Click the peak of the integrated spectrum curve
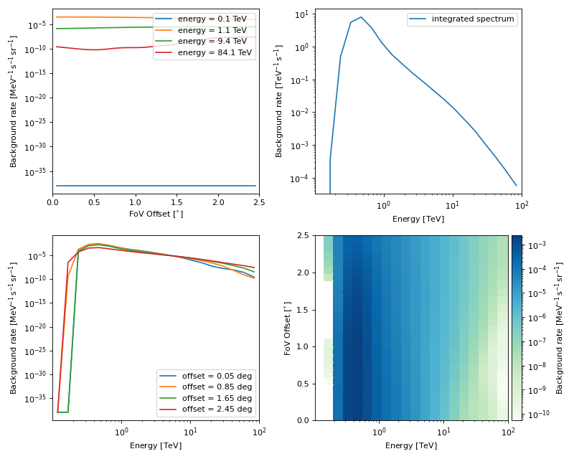pyautogui.click(x=361, y=17)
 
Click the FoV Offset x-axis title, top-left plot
pyautogui.click(x=156, y=214)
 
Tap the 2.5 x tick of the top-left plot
pyautogui.click(x=259, y=203)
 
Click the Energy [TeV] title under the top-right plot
pyautogui.click(x=418, y=219)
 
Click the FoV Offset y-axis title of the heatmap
pyautogui.click(x=288, y=328)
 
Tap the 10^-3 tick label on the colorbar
pyautogui.click(x=536, y=245)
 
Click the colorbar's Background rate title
pyautogui.click(x=560, y=328)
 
